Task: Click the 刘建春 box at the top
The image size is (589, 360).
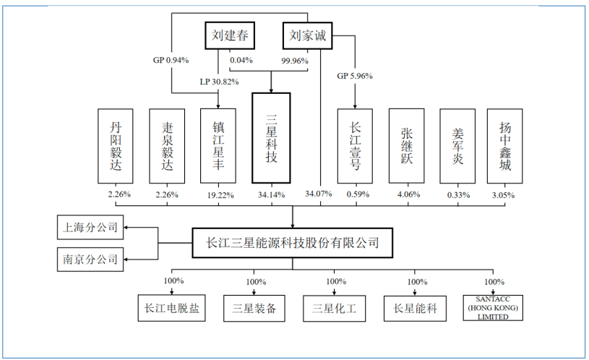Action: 229,35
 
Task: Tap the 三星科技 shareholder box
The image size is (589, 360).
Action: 271,138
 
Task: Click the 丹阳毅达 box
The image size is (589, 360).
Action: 116,145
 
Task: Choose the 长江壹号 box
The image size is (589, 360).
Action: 356,145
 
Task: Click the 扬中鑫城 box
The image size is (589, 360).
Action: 504,145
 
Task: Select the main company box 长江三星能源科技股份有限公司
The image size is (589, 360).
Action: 292,244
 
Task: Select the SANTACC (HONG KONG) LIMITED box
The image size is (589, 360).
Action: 495,309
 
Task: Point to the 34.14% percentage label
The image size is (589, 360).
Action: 271,194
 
